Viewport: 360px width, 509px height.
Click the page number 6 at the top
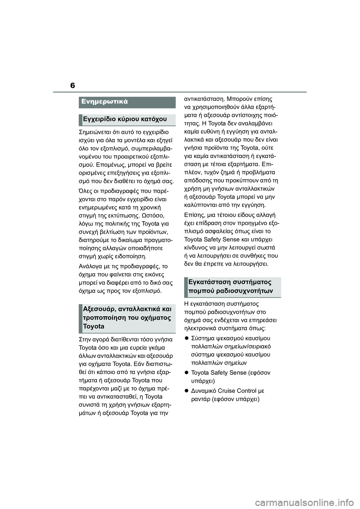[72, 85]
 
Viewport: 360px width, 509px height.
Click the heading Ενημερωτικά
[105, 102]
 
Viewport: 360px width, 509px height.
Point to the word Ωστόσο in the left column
[153, 215]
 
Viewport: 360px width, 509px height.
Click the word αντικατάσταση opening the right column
[204, 99]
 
